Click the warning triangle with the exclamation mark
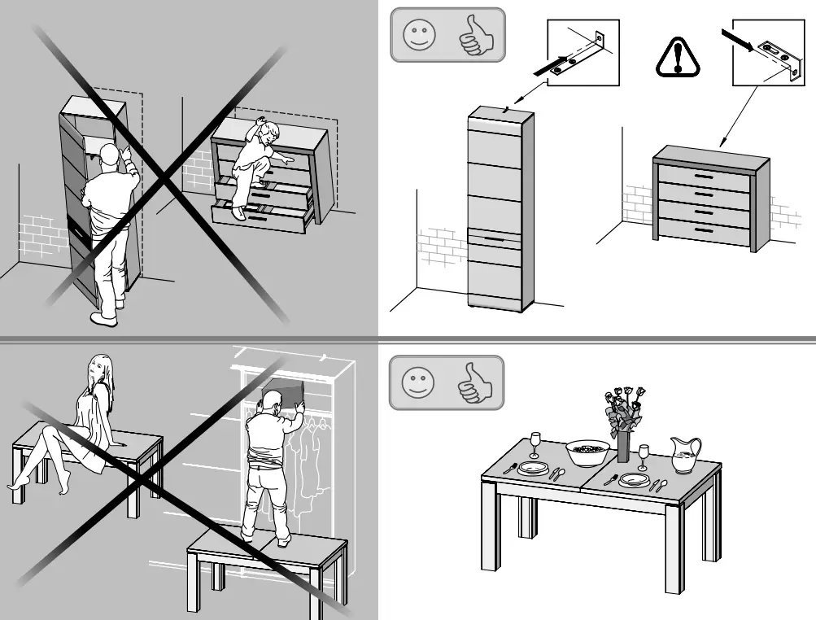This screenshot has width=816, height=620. pos(677,58)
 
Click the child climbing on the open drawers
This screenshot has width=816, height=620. pos(256,163)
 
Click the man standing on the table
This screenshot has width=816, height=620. pos(268,464)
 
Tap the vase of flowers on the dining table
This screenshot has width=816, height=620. pos(623,423)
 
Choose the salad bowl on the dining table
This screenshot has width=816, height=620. pos(587,452)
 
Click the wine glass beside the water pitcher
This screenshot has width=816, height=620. pos(644,456)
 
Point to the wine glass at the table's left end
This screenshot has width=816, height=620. pos(535,444)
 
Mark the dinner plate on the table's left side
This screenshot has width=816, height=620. pos(534,469)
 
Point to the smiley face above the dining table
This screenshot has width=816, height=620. pos(418,382)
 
